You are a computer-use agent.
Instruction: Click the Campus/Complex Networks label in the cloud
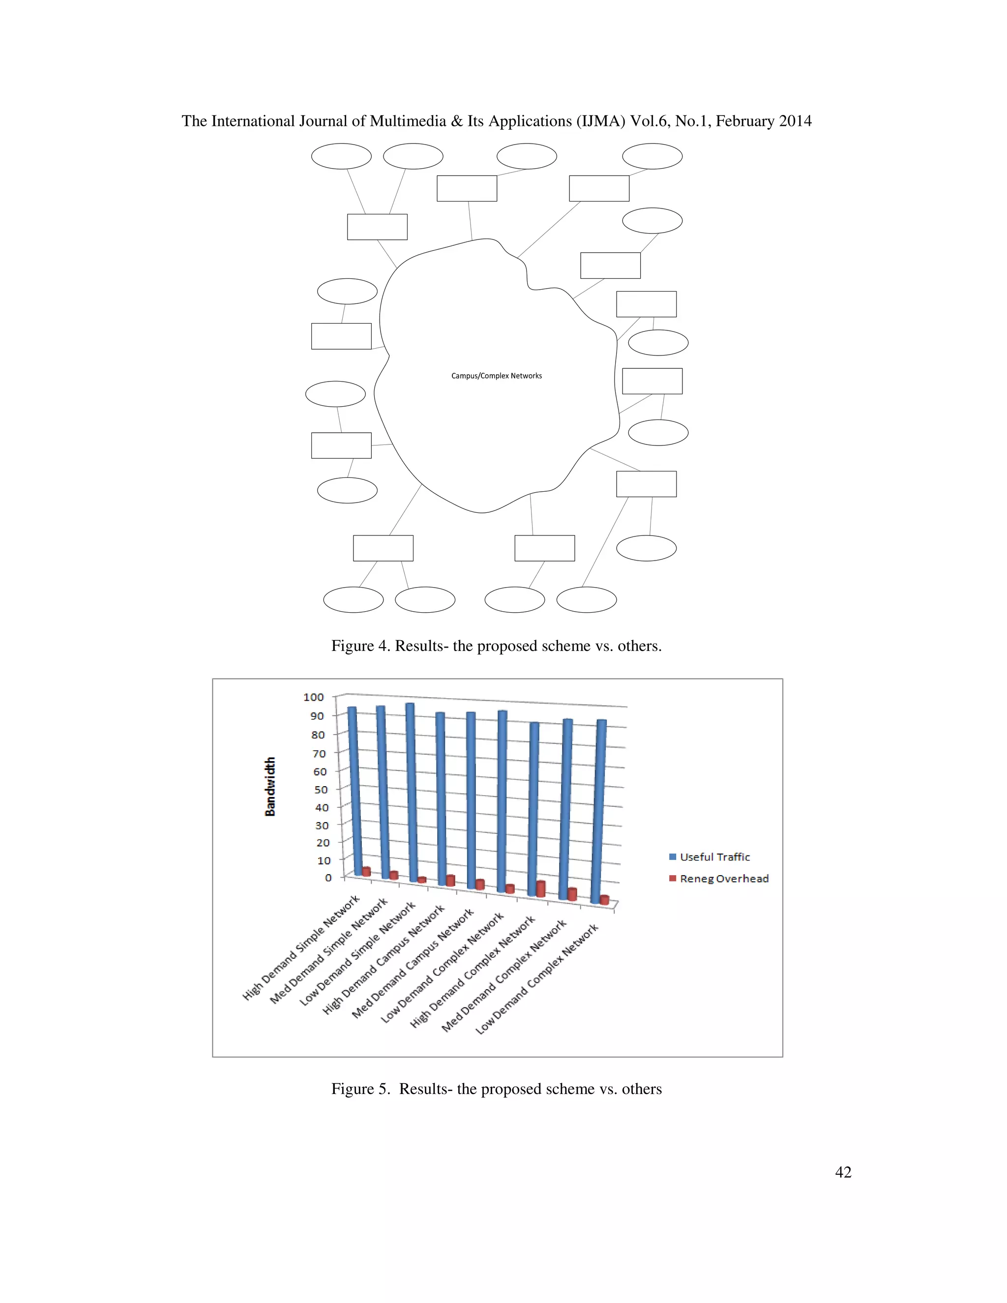click(x=496, y=376)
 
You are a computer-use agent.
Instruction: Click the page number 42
click(x=843, y=1172)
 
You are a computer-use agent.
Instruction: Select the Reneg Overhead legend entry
click(x=724, y=878)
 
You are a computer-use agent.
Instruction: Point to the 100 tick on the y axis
click(x=313, y=697)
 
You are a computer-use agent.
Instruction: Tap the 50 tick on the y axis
click(x=321, y=789)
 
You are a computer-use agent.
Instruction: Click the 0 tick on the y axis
click(x=328, y=878)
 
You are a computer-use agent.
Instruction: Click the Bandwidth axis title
click(x=270, y=786)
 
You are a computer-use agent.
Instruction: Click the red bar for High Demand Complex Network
click(x=540, y=889)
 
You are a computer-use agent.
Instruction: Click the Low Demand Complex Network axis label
click(x=537, y=978)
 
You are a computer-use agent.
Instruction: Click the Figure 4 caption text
click(x=496, y=646)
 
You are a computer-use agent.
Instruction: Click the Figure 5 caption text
click(x=496, y=1089)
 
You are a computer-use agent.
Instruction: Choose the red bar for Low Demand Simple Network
click(x=422, y=880)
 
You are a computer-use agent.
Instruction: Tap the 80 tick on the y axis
click(x=318, y=735)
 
